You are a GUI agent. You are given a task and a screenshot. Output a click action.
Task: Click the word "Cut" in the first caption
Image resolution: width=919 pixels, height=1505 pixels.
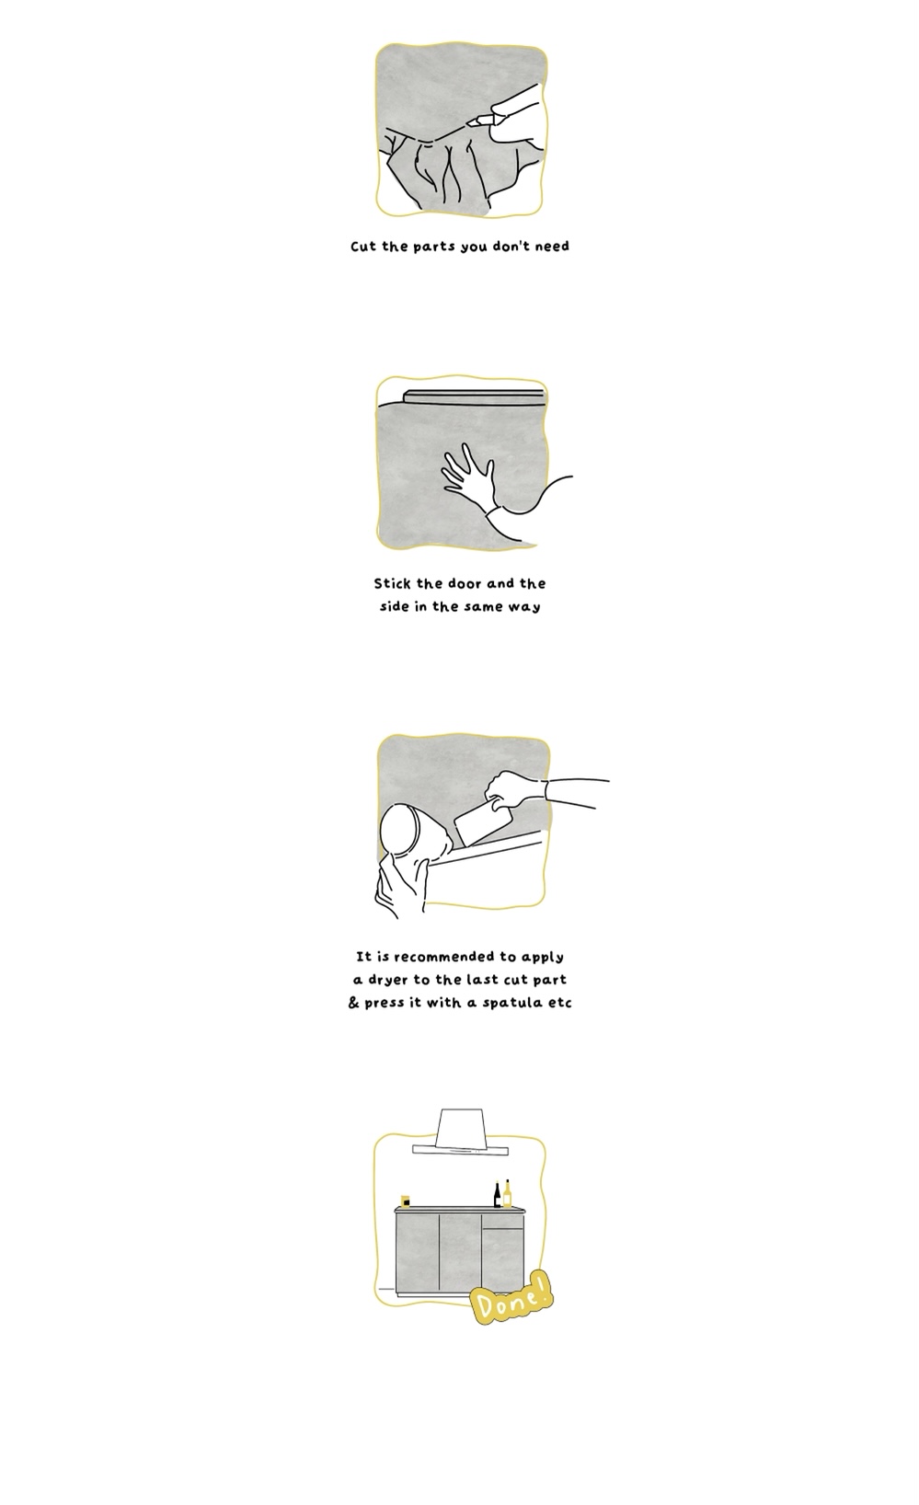363,247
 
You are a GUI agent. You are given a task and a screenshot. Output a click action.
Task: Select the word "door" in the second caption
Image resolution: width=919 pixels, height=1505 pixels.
465,583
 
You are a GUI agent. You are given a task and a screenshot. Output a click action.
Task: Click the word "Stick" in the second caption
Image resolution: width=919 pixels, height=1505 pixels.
392,583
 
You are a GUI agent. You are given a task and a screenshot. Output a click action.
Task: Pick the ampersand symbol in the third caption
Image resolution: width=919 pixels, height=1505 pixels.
353,1003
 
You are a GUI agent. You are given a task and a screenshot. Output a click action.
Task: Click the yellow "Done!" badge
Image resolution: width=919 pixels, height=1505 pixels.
511,1298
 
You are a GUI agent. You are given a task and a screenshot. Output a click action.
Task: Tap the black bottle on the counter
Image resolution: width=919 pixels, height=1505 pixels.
498,1194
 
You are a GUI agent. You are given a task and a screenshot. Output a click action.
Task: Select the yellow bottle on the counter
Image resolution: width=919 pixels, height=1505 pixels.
507,1193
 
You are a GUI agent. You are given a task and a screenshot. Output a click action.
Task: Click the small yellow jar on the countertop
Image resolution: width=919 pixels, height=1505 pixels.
404,1201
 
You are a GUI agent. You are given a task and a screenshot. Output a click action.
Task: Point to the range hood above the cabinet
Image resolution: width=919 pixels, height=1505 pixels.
460,1132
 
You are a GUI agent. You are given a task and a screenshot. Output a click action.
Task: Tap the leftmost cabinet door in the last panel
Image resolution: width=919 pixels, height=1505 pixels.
418,1253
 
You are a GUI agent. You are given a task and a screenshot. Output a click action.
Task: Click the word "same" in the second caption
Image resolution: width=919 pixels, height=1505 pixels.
483,607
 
